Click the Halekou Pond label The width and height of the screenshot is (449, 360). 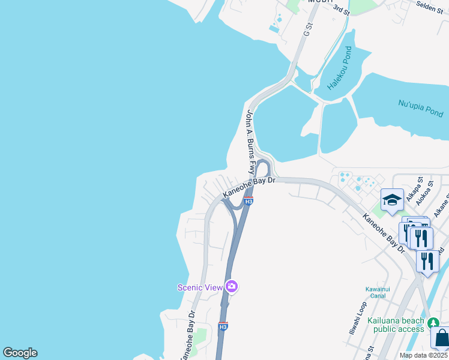point(340,68)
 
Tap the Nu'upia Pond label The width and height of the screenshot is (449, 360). point(421,108)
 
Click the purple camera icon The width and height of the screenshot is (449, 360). point(232,287)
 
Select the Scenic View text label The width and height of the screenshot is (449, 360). point(200,287)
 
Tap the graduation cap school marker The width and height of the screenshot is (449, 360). point(392,200)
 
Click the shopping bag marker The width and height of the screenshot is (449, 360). point(441,337)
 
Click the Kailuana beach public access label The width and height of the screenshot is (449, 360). point(399,325)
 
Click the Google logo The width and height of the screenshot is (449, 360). point(20,353)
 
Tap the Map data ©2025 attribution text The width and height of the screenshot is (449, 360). point(424,355)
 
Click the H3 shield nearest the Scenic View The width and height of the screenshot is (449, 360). point(223,326)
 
